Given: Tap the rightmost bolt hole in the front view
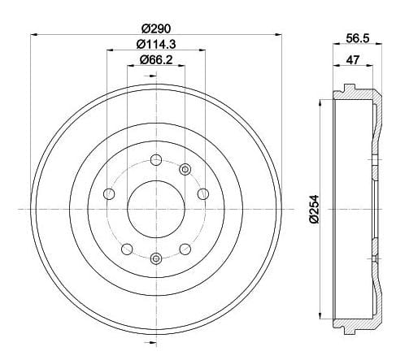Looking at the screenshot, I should pos(202,193).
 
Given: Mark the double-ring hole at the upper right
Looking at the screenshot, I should pos(186,169).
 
